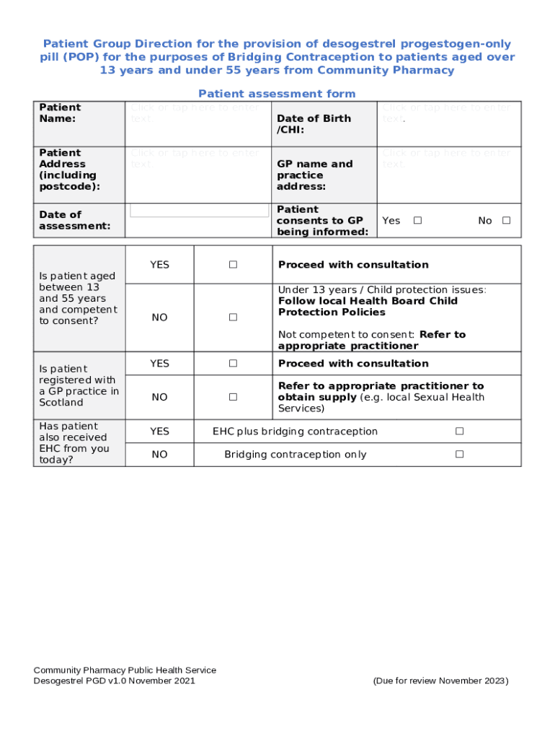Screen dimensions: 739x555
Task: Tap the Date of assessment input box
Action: pos(199,211)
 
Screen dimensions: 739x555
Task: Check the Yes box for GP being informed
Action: pos(417,221)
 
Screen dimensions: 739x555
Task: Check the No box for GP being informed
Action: pos(506,221)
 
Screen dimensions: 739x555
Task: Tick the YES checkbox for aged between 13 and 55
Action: pos(233,265)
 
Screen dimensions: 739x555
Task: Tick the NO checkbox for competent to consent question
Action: pos(233,318)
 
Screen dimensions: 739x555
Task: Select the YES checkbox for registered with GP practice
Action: pos(233,364)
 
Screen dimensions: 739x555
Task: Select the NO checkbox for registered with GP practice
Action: pos(233,397)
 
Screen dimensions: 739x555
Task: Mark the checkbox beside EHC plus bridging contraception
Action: pos(459,432)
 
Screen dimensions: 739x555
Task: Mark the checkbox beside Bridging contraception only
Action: pos(459,455)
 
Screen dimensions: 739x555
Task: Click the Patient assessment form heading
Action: pos(277,94)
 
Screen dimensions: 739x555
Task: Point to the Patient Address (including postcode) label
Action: pos(69,170)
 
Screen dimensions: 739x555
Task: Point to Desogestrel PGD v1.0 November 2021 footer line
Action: pos(114,681)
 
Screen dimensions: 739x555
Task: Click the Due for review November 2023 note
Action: pos(440,681)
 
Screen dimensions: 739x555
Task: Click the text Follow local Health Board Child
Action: pos(368,301)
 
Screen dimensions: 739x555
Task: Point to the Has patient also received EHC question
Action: pos(74,443)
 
